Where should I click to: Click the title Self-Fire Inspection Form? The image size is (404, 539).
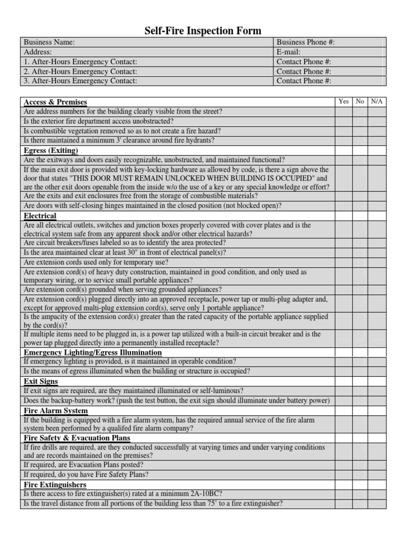pos(203,31)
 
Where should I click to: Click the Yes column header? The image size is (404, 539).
pos(344,102)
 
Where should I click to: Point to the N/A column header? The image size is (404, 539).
pos(377,102)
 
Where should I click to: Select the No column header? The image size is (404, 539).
pos(360,102)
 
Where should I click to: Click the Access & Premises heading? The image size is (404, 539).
pos(56,102)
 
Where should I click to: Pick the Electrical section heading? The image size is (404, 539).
pos(41,216)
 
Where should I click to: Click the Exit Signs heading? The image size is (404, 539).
pos(41,381)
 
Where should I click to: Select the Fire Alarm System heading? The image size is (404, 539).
pos(56,411)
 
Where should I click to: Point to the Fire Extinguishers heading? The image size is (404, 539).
pos(55,485)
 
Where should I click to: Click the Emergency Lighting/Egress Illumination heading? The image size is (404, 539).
pos(93,352)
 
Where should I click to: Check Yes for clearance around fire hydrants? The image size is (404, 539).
pos(344,141)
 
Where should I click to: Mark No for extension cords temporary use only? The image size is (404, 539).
pos(360,262)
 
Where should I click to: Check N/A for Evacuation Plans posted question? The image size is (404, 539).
pos(377,465)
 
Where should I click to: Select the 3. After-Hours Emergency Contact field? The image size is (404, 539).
pos(147,81)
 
